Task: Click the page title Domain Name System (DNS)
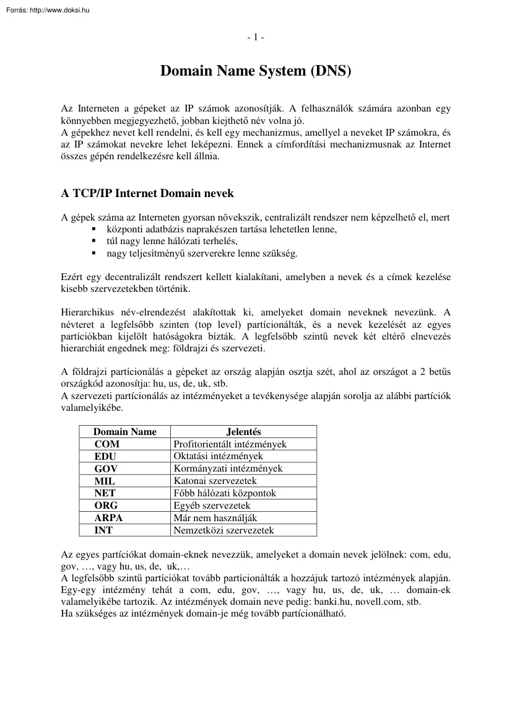(256, 71)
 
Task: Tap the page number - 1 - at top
(256, 37)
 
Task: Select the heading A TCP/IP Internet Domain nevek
(147, 193)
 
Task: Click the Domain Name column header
(125, 432)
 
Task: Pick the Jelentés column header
(243, 432)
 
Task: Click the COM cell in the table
(107, 444)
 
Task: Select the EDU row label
(105, 457)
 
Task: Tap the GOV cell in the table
(106, 468)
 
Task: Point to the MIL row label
(105, 481)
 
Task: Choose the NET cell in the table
(105, 493)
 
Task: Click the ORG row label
(106, 506)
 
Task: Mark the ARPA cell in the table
(108, 518)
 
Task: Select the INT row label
(103, 530)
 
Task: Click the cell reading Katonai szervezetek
(215, 481)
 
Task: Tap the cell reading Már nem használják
(215, 518)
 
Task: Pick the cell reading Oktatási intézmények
(218, 457)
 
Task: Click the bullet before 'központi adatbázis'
(93, 229)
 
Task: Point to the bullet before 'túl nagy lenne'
(93, 241)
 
